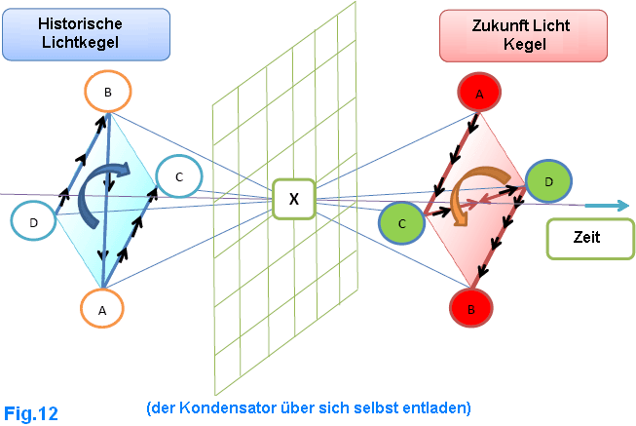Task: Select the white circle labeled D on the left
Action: [x=34, y=222]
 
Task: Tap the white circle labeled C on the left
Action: [x=178, y=176]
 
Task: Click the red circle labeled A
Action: [x=479, y=94]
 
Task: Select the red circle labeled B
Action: [x=472, y=309]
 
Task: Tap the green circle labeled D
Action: [x=547, y=180]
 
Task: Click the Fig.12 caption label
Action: [x=30, y=413]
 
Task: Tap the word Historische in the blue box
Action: [x=88, y=22]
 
